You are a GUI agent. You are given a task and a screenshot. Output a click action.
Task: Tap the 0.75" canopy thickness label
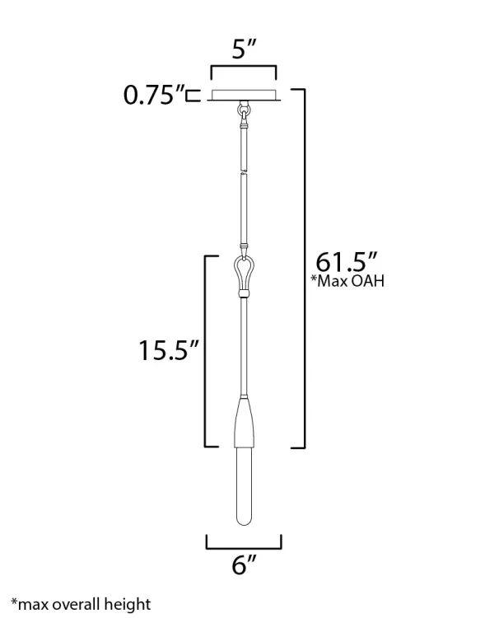152,96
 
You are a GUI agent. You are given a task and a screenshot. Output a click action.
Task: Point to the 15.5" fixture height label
169,350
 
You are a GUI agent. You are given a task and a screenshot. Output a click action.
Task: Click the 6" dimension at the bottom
244,566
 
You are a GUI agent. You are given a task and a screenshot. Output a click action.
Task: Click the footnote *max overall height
81,604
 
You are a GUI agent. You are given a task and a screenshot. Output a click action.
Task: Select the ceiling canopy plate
244,96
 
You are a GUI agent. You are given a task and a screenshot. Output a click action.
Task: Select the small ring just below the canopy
244,107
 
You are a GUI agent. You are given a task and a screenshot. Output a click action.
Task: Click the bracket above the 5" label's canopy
244,68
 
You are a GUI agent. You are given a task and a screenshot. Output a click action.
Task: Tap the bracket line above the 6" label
244,546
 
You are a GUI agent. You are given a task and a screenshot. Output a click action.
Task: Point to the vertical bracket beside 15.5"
207,350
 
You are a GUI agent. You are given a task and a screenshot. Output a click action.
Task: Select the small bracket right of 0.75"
193,96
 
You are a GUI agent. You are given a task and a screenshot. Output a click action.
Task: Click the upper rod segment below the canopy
244,144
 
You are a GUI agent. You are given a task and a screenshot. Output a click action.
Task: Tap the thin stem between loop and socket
244,346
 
